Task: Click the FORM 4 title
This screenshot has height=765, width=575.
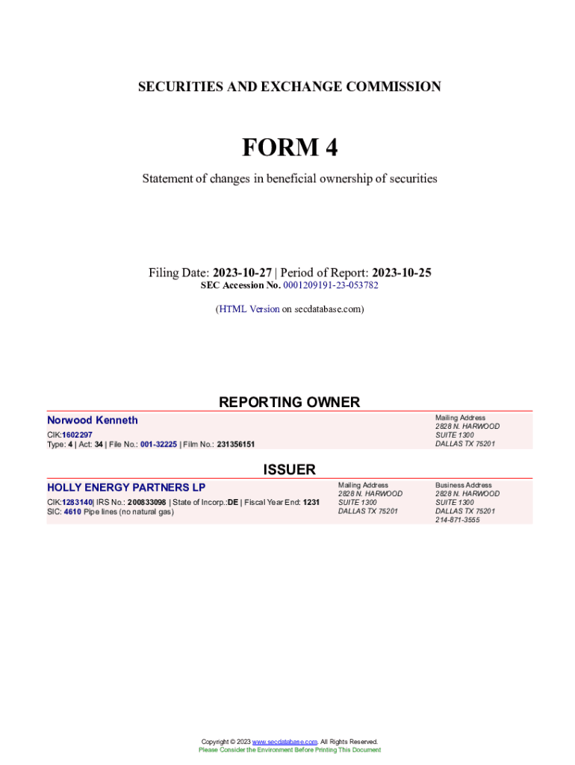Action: coord(289,148)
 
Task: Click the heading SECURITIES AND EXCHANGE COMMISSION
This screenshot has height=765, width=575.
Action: coord(289,87)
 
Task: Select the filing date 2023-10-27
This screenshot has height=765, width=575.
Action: coord(242,273)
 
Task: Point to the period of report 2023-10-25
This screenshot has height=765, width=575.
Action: coord(402,273)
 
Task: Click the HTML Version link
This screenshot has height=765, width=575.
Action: coord(249,309)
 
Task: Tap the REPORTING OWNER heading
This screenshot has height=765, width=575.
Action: coord(289,402)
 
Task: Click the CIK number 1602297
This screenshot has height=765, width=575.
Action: coord(77,435)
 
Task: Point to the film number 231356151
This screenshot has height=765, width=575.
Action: coord(236,445)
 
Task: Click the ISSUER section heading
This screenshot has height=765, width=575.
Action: coord(289,469)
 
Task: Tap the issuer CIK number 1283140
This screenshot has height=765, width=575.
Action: coord(77,503)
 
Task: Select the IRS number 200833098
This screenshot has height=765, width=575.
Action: coord(146,503)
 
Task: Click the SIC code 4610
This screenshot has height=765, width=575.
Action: coord(72,512)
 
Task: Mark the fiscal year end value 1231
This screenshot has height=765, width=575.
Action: coord(311,503)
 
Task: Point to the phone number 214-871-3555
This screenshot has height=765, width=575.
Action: coord(458,520)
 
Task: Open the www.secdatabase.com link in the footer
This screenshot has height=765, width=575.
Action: coord(285,742)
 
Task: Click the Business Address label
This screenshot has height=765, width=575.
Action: coord(464,485)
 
